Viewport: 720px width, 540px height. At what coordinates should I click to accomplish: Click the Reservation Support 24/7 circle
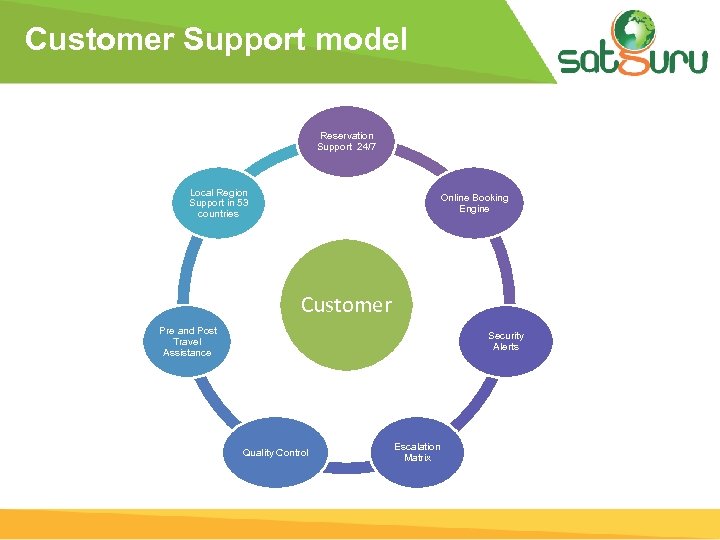346,141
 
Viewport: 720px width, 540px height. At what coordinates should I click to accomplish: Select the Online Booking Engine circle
474,203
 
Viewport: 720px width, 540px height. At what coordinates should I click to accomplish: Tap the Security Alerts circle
505,341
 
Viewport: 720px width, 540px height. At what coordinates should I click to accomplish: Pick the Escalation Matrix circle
417,452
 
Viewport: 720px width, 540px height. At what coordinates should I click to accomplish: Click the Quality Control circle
276,452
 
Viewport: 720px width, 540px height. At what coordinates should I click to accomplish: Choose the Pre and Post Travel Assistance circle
188,341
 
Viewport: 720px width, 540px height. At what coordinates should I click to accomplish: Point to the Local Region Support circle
219,203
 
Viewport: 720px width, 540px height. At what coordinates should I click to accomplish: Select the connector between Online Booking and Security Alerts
506,271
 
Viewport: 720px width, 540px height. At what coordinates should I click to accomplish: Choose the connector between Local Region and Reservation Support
273,160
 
